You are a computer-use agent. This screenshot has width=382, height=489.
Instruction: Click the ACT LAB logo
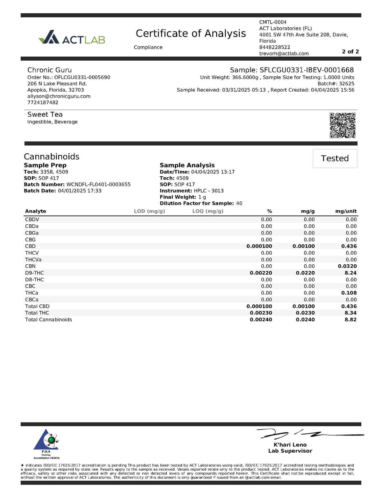(x=72, y=37)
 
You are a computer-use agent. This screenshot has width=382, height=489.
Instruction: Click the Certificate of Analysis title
(x=191, y=33)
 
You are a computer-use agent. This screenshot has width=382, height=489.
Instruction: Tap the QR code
(x=342, y=125)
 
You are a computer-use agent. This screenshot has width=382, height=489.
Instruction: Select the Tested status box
(x=335, y=158)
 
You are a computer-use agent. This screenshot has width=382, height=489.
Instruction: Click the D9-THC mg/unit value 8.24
(x=350, y=273)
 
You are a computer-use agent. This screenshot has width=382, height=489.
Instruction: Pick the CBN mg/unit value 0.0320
(x=347, y=266)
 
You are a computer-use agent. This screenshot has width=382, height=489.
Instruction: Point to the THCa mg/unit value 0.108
(x=349, y=293)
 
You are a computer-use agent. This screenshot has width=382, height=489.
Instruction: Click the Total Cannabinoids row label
(x=48, y=320)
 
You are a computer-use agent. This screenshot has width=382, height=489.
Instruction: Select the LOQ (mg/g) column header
(x=208, y=211)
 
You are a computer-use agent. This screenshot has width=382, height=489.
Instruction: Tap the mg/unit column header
(x=346, y=211)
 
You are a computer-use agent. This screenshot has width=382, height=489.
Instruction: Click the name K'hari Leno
(x=290, y=445)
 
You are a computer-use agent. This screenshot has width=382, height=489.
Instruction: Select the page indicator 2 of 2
(x=350, y=52)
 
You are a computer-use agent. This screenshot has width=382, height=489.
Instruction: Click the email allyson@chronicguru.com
(x=59, y=96)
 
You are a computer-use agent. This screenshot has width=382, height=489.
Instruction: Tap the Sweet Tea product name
(x=45, y=115)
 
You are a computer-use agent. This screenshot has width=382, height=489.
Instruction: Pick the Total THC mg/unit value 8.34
(x=350, y=313)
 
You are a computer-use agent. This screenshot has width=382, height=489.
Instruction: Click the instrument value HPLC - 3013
(x=209, y=191)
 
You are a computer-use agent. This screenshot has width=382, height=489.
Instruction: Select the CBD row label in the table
(x=30, y=246)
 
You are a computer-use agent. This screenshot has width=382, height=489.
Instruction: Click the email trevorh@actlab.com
(x=284, y=53)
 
